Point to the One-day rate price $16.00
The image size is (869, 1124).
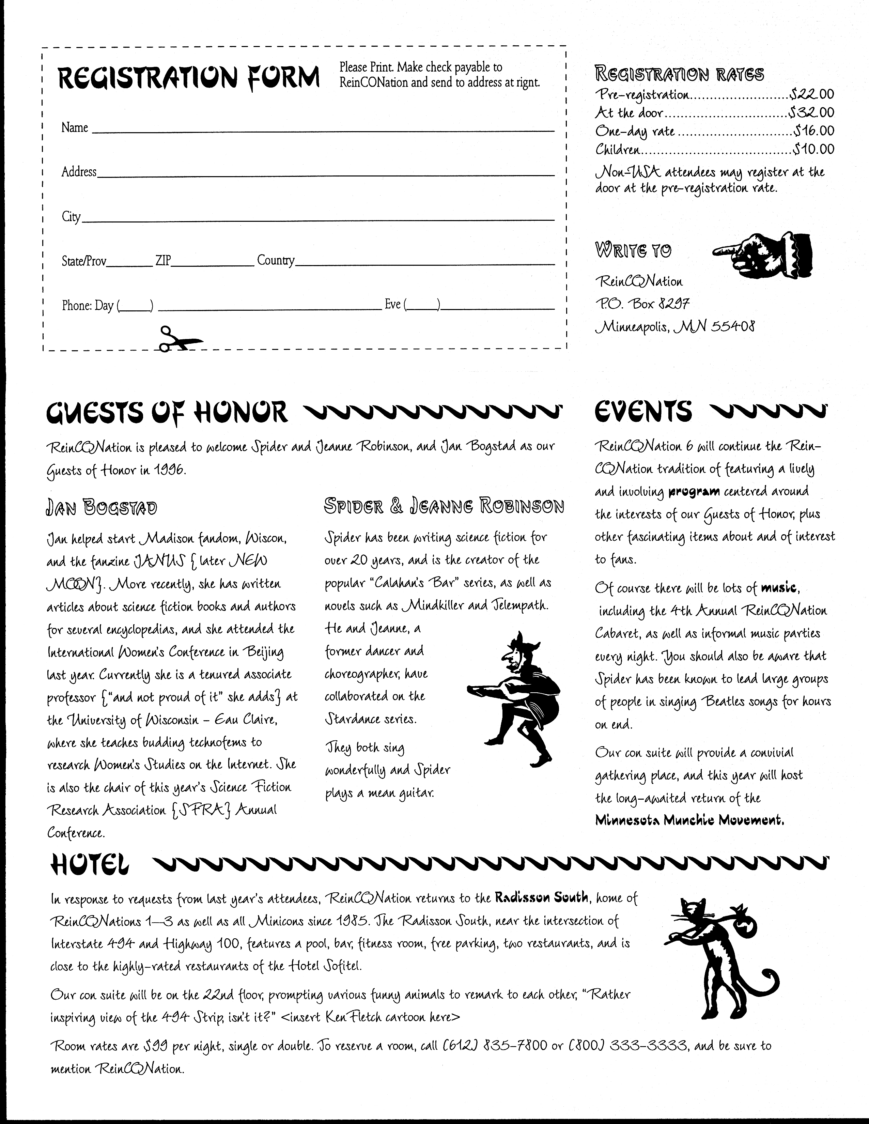tap(814, 131)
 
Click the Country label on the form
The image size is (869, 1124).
tap(276, 260)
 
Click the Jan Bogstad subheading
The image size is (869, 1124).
tap(102, 508)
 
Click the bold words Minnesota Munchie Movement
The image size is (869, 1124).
tap(689, 820)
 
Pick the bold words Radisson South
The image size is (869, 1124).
tap(541, 897)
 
